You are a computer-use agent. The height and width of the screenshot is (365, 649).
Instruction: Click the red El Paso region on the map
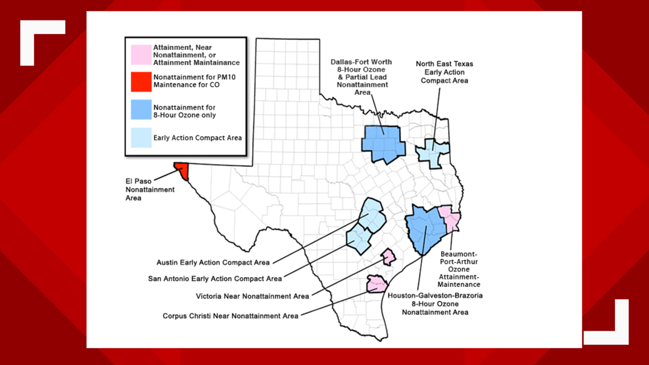(x=182, y=170)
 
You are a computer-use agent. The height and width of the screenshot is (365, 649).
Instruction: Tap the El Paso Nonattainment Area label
(x=142, y=190)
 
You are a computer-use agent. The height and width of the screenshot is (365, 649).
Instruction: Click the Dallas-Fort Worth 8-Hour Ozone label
(x=359, y=76)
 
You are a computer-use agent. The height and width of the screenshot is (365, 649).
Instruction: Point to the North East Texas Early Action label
(x=444, y=72)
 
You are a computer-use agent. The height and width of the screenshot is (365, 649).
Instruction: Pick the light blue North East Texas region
(x=432, y=152)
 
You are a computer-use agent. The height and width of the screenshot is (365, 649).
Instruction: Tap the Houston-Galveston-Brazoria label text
(x=436, y=304)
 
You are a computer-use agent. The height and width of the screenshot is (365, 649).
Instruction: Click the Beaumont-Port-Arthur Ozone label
(x=464, y=268)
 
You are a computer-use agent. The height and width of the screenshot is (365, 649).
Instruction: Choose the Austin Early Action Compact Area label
(x=213, y=263)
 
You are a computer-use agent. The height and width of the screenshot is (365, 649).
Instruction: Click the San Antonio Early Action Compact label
(x=215, y=279)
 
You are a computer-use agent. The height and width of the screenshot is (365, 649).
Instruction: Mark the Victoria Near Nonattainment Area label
(x=252, y=296)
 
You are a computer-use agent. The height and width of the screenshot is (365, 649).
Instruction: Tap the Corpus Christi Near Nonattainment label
(x=230, y=315)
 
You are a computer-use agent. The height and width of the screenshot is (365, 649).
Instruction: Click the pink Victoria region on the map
(x=388, y=257)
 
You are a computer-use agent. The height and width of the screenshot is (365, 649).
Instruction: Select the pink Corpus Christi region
(x=376, y=283)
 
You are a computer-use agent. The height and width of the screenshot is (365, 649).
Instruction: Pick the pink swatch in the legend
(x=141, y=55)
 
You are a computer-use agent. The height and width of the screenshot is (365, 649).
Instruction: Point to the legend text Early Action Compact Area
(x=198, y=138)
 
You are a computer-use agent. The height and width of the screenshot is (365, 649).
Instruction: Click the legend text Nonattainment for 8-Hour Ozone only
(x=184, y=111)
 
